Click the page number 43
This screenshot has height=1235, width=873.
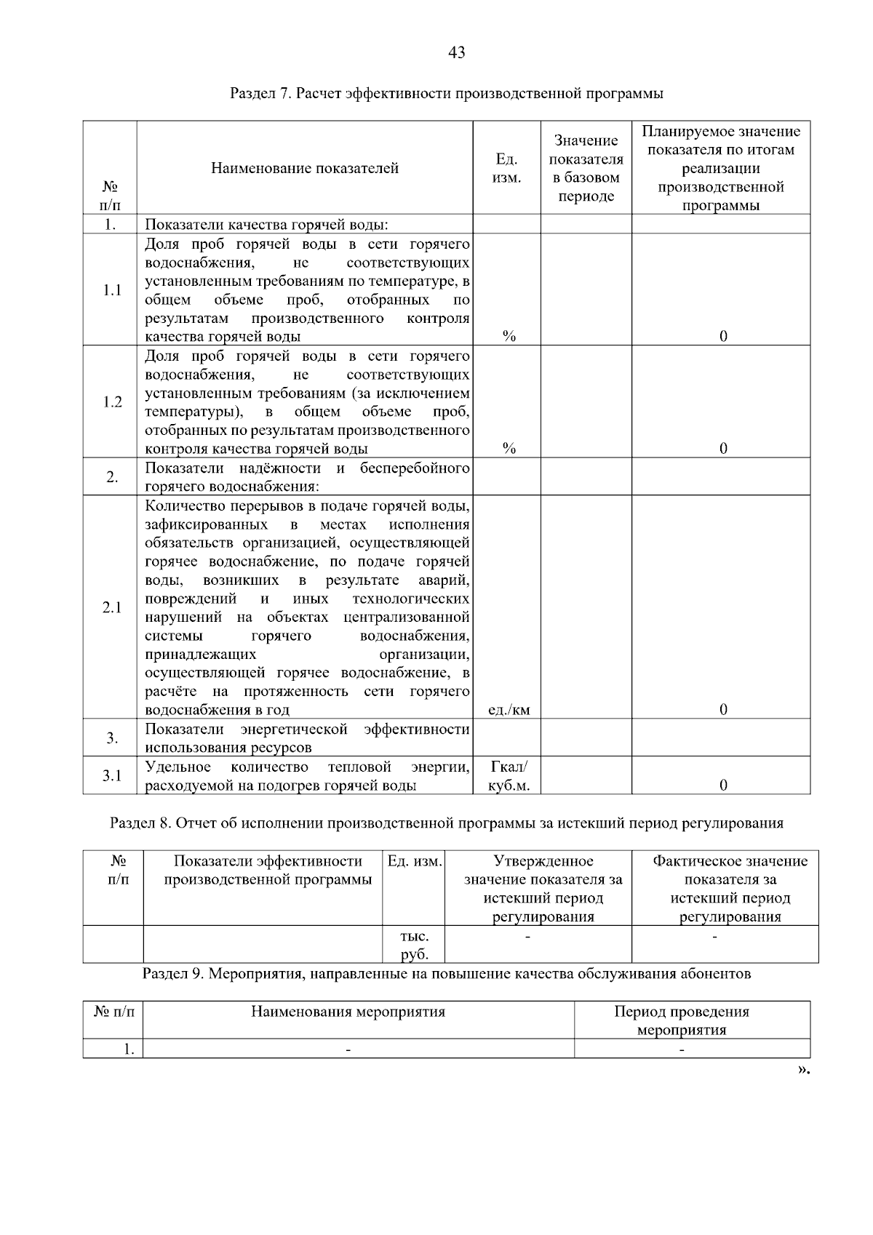pyautogui.click(x=457, y=52)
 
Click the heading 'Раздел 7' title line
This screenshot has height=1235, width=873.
pyautogui.click(x=446, y=93)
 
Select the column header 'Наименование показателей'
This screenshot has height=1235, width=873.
pyautogui.click(x=305, y=169)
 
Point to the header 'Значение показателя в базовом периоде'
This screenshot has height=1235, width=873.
pyautogui.click(x=586, y=168)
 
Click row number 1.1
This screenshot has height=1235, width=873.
pyautogui.click(x=112, y=290)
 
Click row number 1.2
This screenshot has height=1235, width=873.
pyautogui.click(x=112, y=402)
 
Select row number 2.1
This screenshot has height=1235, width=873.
pyautogui.click(x=112, y=607)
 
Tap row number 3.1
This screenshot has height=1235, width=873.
pyautogui.click(x=112, y=776)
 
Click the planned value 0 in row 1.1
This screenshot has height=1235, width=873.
pyautogui.click(x=723, y=336)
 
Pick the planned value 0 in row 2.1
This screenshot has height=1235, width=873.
pyautogui.click(x=723, y=710)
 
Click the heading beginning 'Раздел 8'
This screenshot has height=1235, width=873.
pyautogui.click(x=446, y=823)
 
